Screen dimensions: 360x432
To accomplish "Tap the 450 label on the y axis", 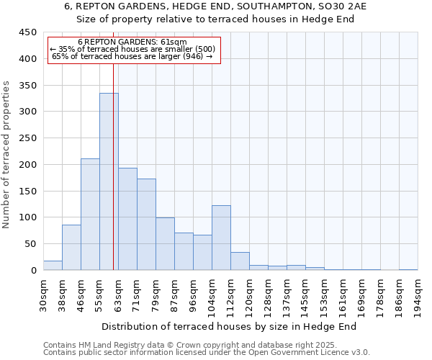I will pos(27,32).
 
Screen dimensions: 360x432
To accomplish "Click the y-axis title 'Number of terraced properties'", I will pos(6,155).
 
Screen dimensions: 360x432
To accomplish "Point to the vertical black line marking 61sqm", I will pos(114,166).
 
